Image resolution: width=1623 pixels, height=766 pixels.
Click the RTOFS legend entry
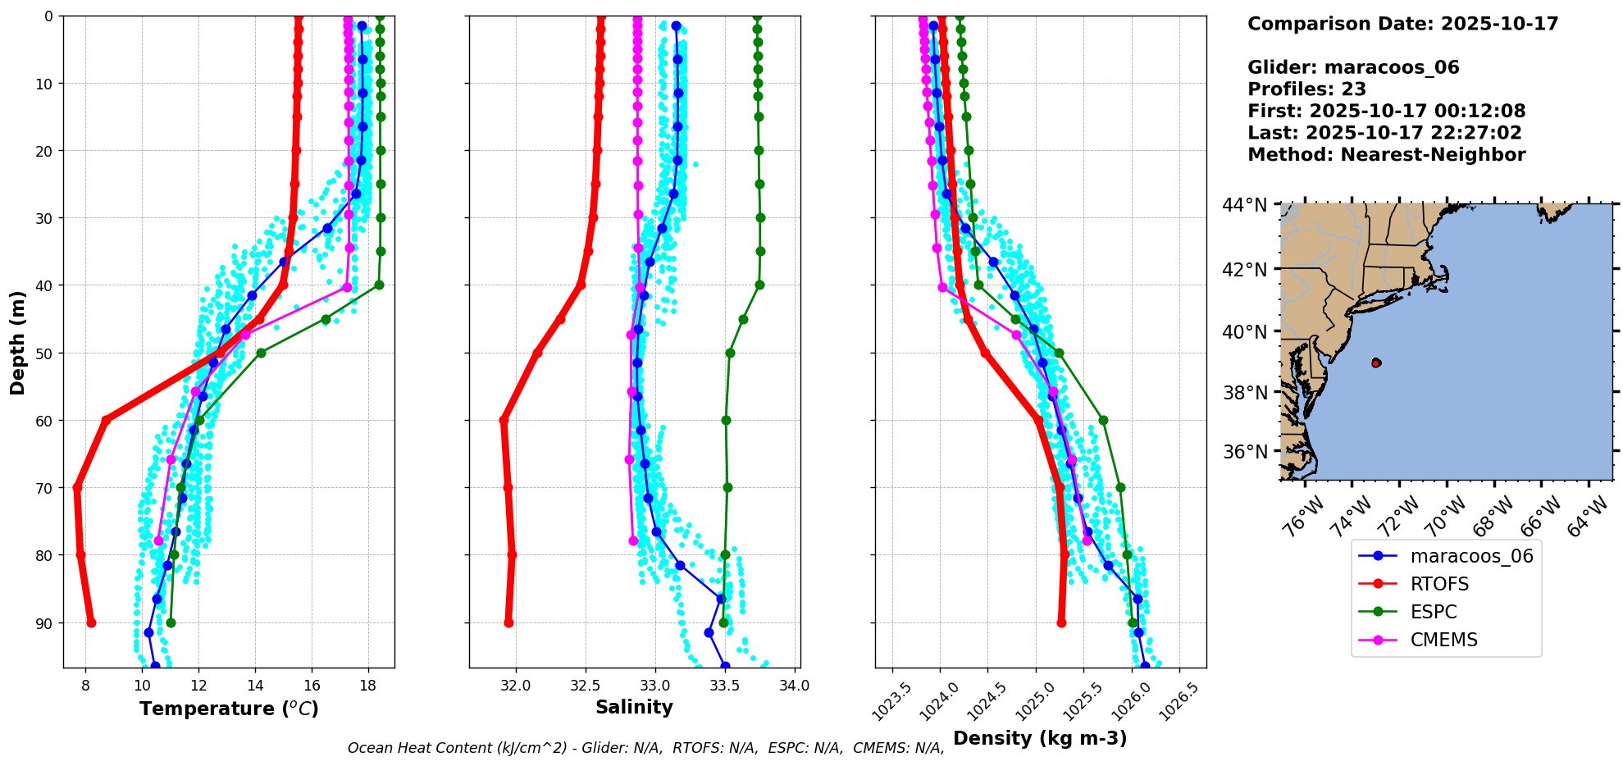[x=1439, y=584]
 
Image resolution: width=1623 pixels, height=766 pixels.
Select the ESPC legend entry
[x=1434, y=612]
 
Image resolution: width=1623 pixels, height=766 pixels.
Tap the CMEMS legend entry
[x=1443, y=640]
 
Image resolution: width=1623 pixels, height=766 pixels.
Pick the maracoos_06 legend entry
[x=1471, y=556]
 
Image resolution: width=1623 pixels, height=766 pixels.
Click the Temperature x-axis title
[x=229, y=709]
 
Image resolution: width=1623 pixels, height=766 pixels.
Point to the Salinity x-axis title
[x=634, y=707]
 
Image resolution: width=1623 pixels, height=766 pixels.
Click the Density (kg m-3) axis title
[x=1040, y=738]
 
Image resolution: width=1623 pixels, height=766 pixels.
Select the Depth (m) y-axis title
[x=17, y=342]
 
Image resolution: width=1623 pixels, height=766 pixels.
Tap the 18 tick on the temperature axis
[x=368, y=686]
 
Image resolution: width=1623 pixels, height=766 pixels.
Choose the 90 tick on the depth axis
[x=45, y=623]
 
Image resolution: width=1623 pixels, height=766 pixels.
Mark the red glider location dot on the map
[x=1376, y=362]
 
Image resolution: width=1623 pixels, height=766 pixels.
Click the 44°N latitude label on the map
[x=1245, y=205]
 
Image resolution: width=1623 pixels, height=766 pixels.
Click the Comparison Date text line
[x=1402, y=24]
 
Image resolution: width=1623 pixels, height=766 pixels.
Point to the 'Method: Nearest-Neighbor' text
[x=1386, y=155]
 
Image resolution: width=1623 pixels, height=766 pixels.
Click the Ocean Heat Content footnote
[x=645, y=748]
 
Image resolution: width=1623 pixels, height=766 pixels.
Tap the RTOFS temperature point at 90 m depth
[x=91, y=622]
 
